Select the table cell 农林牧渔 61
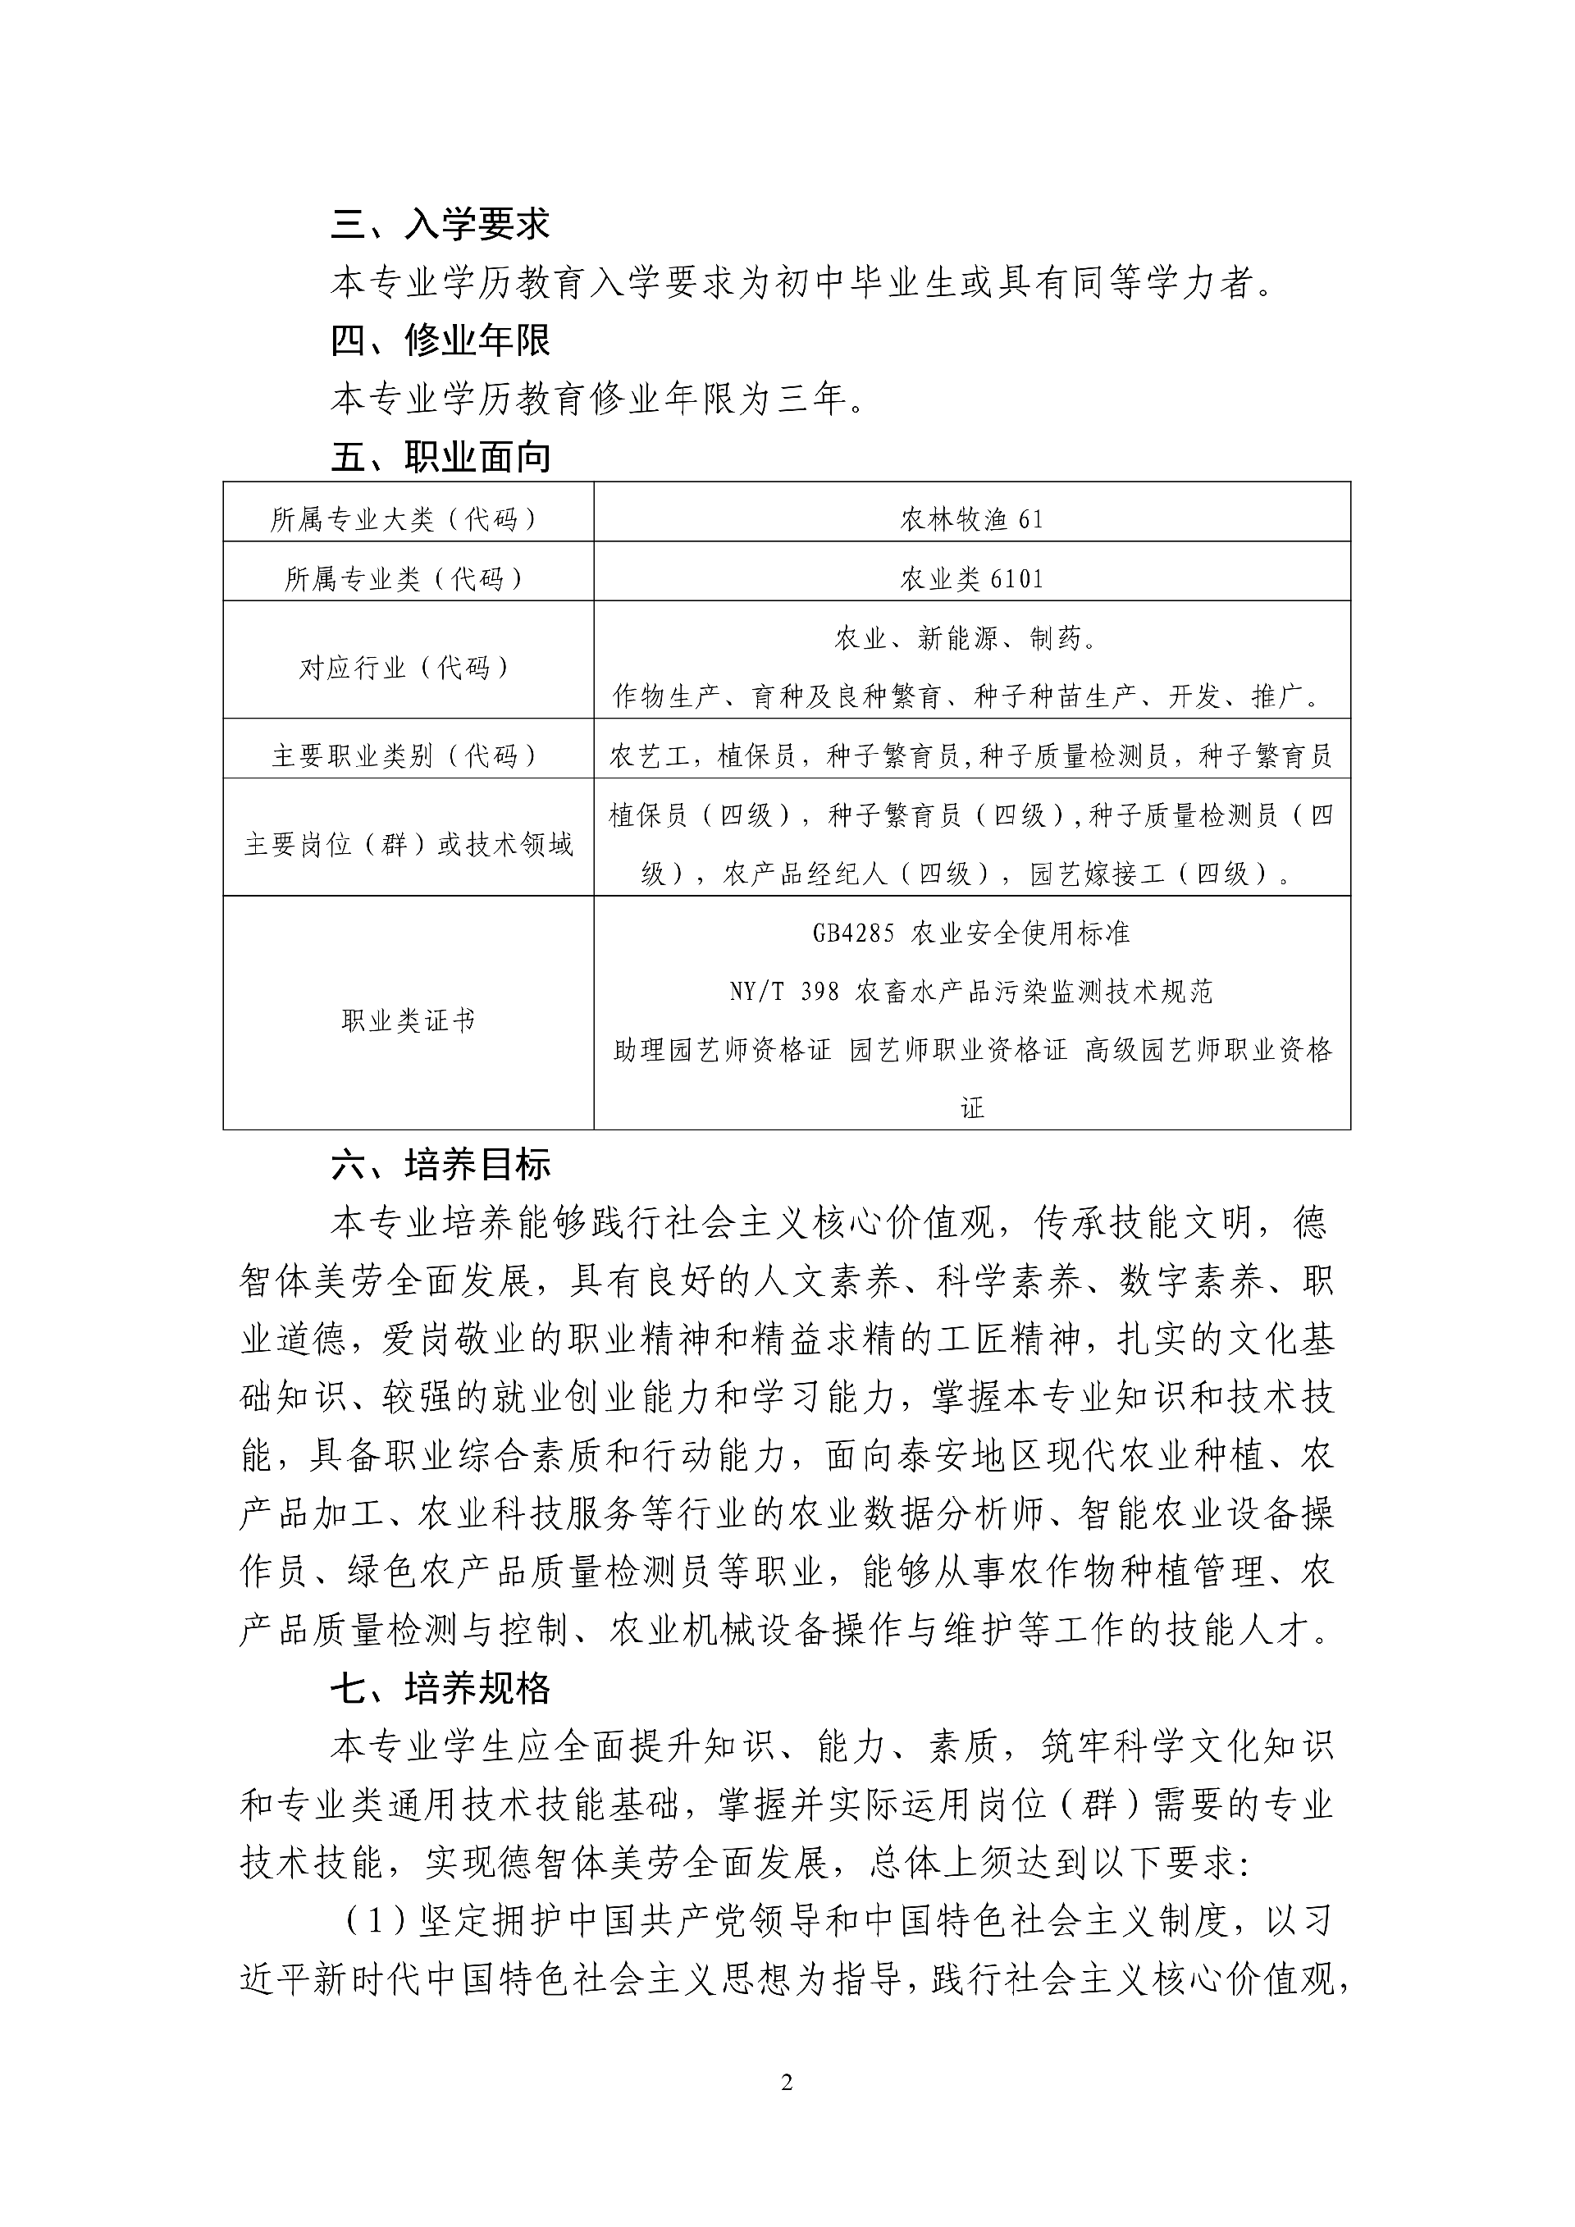[x=972, y=520]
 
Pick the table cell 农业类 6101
[x=972, y=579]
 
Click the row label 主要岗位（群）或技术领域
[x=408, y=845]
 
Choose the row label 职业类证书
[x=408, y=1020]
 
